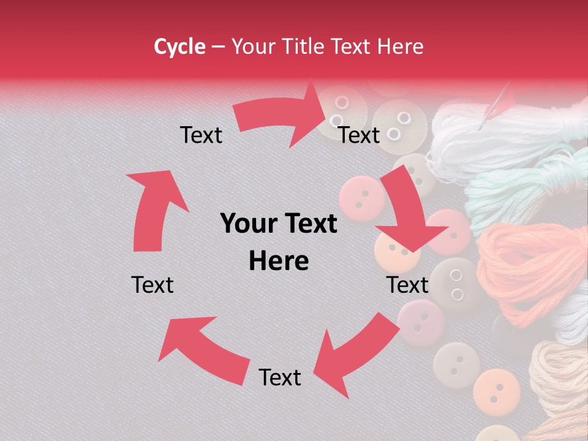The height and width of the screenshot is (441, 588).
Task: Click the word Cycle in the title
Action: coord(179,47)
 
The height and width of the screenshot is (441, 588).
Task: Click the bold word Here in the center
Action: coord(279,262)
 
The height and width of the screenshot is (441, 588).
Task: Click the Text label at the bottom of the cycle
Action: coord(280,377)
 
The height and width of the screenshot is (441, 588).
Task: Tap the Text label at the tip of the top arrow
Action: coord(359,135)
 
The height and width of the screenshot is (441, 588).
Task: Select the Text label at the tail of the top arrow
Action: coord(201,135)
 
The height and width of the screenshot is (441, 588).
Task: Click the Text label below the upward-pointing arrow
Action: coord(153,285)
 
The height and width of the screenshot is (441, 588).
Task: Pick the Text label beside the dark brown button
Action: coord(407,285)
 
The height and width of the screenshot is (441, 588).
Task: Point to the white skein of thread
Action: coord(490,135)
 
